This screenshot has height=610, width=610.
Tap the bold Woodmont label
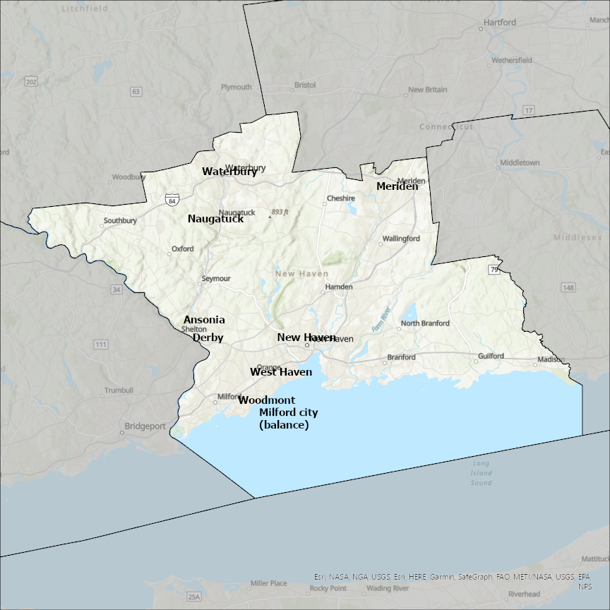[x=262, y=400]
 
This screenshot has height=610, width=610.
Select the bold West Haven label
[x=281, y=372]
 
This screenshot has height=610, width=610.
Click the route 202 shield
[x=30, y=82]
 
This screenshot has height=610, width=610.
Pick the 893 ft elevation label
[x=280, y=212]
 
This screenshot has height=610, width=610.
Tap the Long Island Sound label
[x=482, y=473]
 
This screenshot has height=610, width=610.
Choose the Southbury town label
[x=120, y=220]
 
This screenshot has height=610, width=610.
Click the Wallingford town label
[x=401, y=239]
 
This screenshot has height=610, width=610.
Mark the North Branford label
[x=425, y=323]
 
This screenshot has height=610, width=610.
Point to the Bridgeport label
[x=145, y=426]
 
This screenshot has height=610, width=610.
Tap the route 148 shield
[x=569, y=287]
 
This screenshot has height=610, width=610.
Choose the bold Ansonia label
[x=204, y=320]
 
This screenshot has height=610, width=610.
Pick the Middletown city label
[x=520, y=162]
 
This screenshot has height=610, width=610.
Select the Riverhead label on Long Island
[x=524, y=594]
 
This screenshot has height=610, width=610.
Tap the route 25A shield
[x=194, y=597]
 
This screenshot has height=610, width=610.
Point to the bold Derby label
[x=208, y=337]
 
